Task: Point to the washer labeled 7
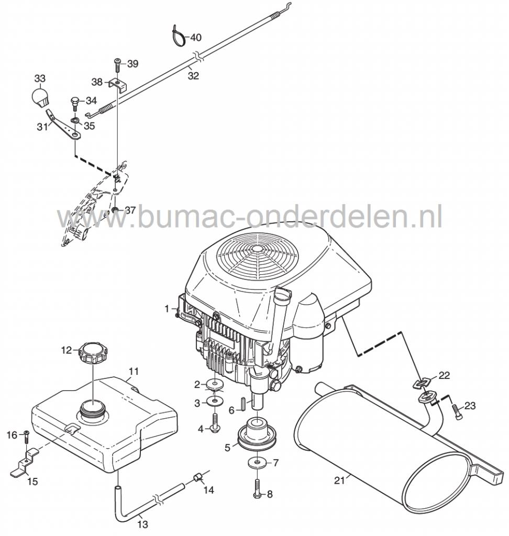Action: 257,463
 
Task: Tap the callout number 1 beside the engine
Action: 167,309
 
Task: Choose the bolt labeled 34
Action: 75,101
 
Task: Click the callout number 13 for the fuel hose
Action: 143,524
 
